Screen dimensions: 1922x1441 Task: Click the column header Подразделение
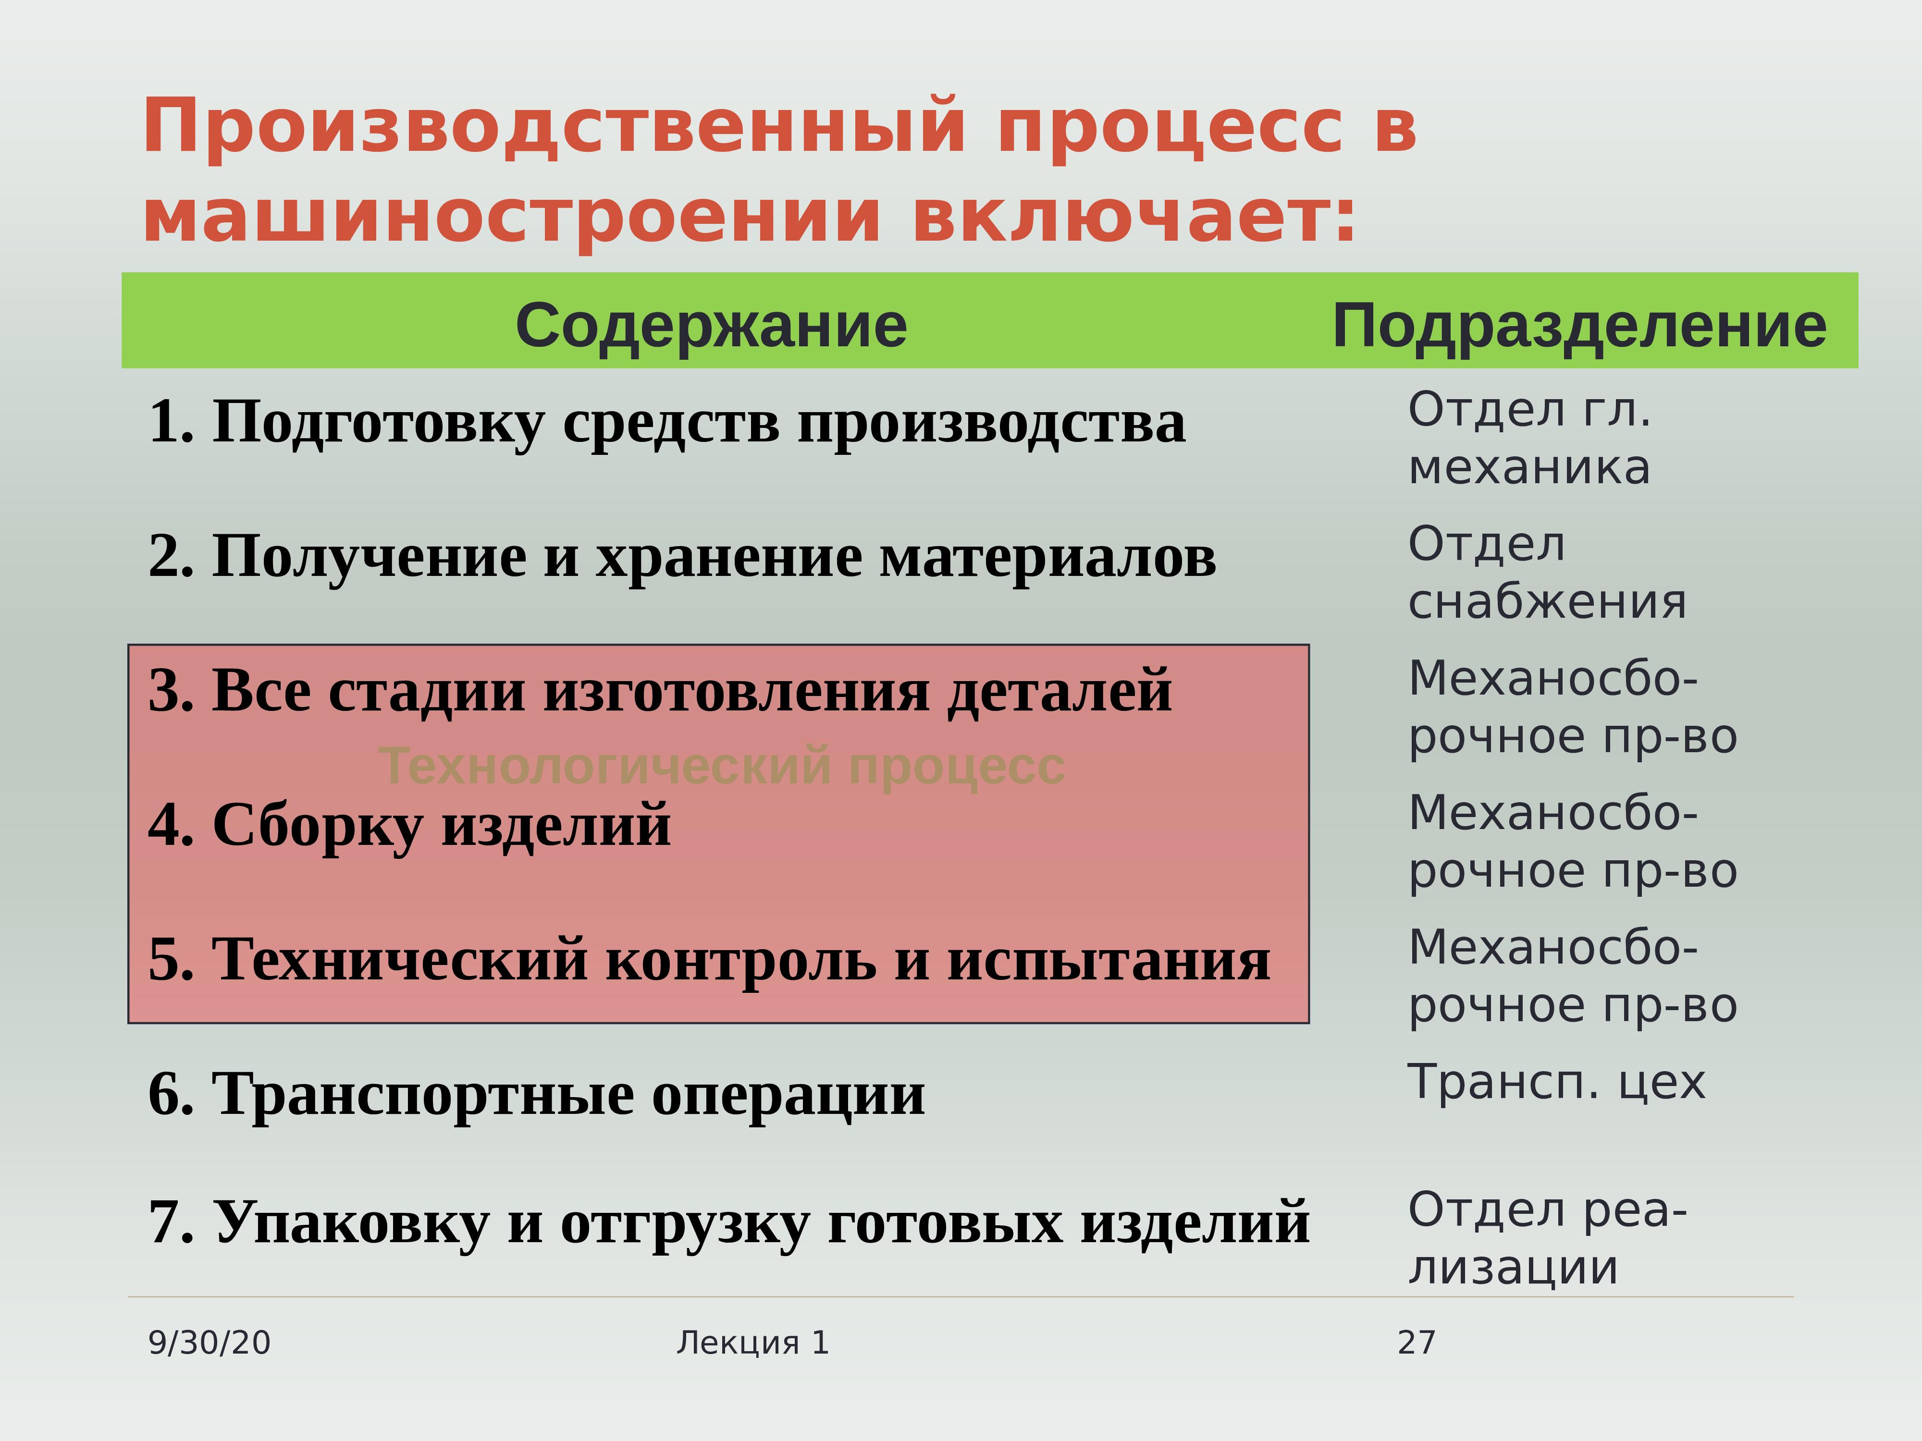tap(1580, 327)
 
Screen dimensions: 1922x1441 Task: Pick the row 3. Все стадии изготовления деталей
tap(660, 691)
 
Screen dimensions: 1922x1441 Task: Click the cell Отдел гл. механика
tap(1529, 439)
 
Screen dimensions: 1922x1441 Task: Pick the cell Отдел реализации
tap(1548, 1239)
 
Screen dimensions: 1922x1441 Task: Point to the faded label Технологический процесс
tap(722, 767)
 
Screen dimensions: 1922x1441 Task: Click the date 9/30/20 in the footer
tap(209, 1343)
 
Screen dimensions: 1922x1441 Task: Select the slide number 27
tap(1417, 1343)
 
